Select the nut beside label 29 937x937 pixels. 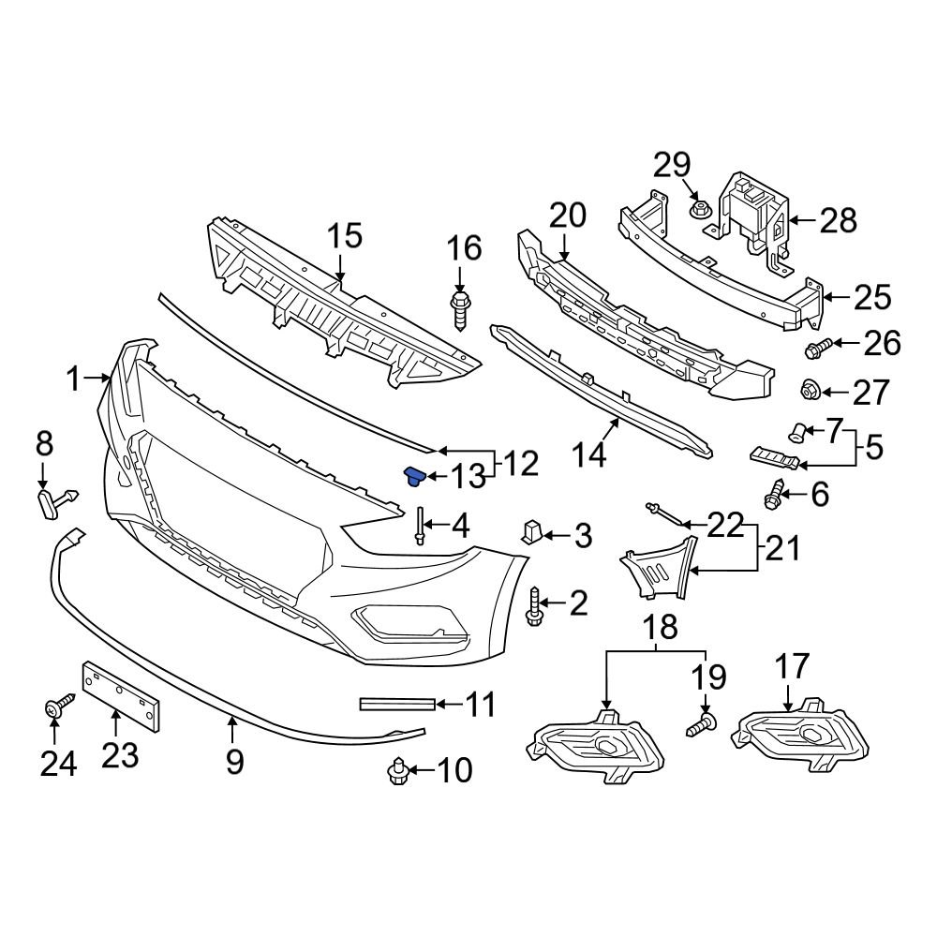tap(697, 207)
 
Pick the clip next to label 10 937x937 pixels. tap(397, 770)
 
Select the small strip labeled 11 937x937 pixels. tap(397, 703)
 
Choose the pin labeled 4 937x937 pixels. tap(418, 527)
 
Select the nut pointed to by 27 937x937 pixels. tap(810, 388)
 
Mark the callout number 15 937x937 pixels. tap(344, 237)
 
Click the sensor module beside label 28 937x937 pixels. tap(754, 216)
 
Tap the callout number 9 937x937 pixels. tap(234, 761)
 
